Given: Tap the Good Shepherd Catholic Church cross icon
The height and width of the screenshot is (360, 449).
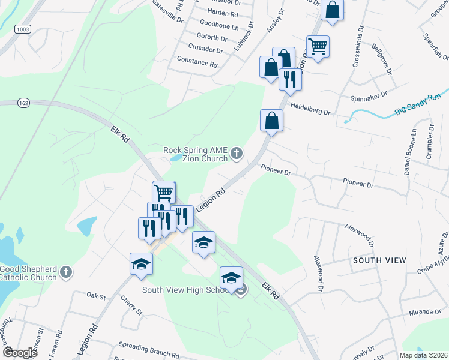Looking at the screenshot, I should (66, 272).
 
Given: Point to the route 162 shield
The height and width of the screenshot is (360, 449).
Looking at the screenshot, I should (23, 103).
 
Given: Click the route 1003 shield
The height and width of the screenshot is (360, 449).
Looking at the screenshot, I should (23, 28).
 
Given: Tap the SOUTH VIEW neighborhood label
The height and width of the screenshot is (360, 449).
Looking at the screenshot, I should (379, 260).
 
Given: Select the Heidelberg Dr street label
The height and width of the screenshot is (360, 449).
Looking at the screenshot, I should (310, 108).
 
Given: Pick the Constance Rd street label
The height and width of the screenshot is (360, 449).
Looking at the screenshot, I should (197, 62).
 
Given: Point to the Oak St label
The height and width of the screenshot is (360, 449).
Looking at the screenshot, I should (96, 296).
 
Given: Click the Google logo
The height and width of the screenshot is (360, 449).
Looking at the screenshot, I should (20, 353).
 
